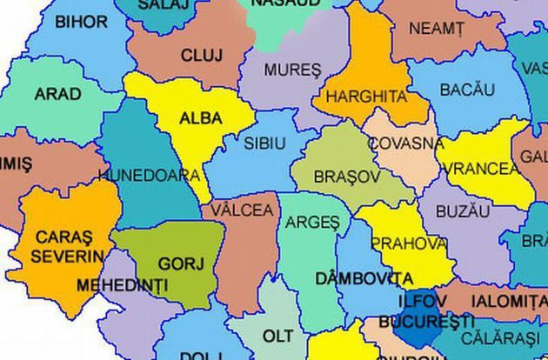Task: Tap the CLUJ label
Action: click(202, 56)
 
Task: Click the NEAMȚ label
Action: click(436, 29)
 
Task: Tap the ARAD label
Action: click(57, 94)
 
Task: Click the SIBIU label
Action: click(264, 142)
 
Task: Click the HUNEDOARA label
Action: click(150, 175)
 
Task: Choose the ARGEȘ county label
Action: click(312, 223)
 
